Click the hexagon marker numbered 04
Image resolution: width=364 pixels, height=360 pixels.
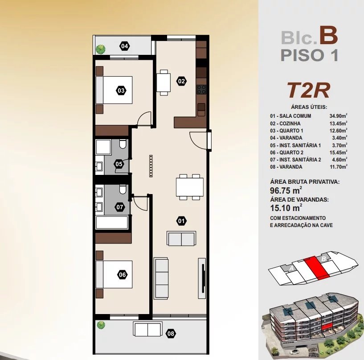coord(124,46)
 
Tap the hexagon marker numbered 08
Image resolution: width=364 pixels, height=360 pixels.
coord(171,334)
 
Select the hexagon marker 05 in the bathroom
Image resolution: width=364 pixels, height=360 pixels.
coord(119,164)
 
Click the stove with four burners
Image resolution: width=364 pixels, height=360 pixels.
coord(201,89)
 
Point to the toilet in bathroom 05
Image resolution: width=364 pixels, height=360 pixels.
coord(123,144)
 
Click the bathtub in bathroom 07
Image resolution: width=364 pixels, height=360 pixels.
coord(112,223)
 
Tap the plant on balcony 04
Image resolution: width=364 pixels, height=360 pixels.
coord(101,49)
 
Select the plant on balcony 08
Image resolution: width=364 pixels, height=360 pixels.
coord(101,325)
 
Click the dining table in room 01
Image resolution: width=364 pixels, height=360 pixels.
coord(190,187)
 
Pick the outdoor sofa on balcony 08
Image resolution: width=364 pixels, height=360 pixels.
coord(148,328)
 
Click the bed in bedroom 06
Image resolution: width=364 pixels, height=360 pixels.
coord(114,274)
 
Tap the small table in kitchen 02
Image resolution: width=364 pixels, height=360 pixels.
coord(164,83)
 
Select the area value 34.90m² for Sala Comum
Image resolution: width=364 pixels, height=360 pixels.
coord(338,116)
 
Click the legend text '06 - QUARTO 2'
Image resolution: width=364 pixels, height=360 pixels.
coord(286,153)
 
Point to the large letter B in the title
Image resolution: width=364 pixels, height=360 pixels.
coord(328,35)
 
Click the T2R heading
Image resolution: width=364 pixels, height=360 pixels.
coord(308,91)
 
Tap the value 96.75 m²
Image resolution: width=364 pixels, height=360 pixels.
coord(286,190)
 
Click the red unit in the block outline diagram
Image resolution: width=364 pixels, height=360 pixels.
coord(317,268)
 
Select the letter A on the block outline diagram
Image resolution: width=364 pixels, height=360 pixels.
coord(291,269)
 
